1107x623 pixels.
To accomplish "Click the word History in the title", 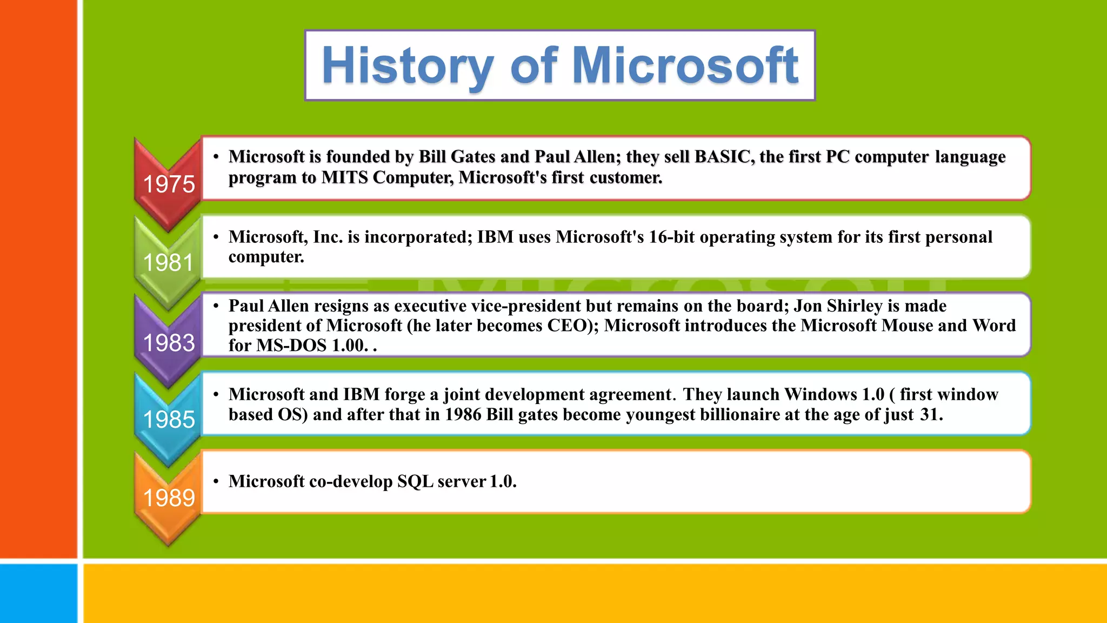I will [407, 66].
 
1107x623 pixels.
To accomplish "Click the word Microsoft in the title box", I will [685, 66].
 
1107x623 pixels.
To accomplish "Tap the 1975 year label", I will [169, 184].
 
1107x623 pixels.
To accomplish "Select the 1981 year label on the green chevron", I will [168, 263].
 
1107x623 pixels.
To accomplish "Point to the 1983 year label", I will [169, 343].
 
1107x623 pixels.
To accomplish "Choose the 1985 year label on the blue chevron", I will [169, 420].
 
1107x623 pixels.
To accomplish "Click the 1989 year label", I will [169, 498].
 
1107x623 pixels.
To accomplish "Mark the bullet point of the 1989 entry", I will [216, 481].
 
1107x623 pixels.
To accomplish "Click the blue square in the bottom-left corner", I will [38, 593].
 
